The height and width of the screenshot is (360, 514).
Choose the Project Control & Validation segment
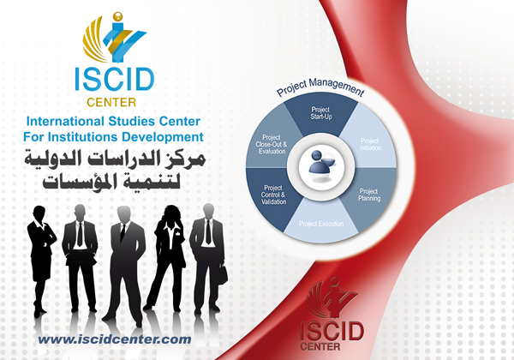273,195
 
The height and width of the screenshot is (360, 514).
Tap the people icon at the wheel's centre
321,168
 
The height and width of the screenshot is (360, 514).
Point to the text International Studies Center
116,122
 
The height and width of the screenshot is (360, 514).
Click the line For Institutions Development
114,136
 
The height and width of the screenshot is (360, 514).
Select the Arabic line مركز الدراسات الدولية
116,158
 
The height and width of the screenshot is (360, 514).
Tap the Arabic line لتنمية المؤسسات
116,181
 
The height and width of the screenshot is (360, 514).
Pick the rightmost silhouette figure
207,257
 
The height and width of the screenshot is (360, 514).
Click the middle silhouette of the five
125,257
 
